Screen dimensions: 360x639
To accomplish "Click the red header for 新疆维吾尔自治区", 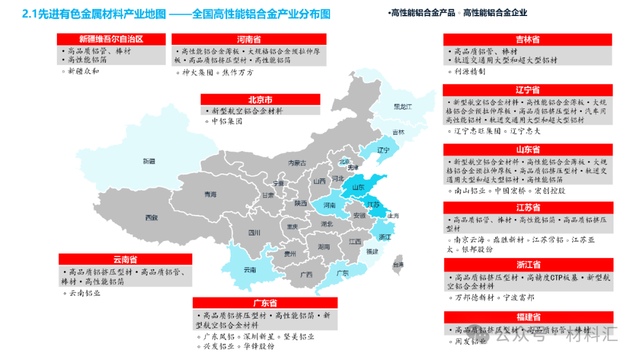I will click(112, 40).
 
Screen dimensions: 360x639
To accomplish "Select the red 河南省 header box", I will click(248, 40).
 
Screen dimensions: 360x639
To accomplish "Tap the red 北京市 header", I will click(260, 100).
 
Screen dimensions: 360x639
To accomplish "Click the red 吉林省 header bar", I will click(527, 40).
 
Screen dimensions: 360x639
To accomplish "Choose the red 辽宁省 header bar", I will click(527, 90).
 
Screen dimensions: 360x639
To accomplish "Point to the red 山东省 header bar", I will click(527, 150).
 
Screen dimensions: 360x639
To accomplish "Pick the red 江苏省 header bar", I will click(527, 208).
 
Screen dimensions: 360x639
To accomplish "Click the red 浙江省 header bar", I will click(527, 265).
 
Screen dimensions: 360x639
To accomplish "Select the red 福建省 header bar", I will click(527, 317).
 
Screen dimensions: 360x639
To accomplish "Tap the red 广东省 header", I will click(265, 303).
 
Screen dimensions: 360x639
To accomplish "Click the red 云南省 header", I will click(125, 259).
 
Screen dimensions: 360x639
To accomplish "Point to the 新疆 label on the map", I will click(149, 161).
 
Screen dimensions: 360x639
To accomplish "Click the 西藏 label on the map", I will click(151, 217).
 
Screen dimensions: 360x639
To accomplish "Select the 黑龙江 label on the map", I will click(402, 107).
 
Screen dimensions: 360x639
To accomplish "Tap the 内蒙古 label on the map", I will click(297, 163).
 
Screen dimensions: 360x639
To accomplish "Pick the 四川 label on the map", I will click(254, 233).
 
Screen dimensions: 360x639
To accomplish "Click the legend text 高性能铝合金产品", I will click(424, 12).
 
